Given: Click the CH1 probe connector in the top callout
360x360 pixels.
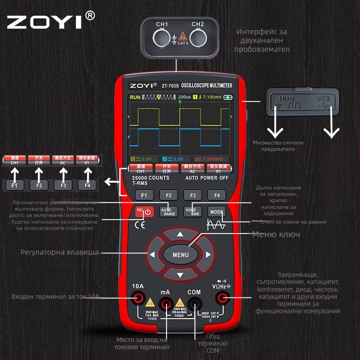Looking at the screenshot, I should pos(162,38).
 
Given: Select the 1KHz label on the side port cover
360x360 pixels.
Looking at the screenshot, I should pos(287,98).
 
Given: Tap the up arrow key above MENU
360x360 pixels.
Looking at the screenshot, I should pos(180,234).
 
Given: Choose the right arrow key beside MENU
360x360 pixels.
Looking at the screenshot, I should pos(208,255).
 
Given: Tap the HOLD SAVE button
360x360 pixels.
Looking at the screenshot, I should pos(193,211).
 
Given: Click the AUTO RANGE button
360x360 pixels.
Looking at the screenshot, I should pos(168,211).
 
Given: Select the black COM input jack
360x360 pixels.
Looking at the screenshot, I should pos(194,298).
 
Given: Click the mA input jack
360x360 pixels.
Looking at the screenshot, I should pos(166,298).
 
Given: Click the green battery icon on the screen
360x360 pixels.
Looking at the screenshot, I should pos(229,97).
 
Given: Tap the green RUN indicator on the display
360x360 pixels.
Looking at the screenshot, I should pos(135,97).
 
